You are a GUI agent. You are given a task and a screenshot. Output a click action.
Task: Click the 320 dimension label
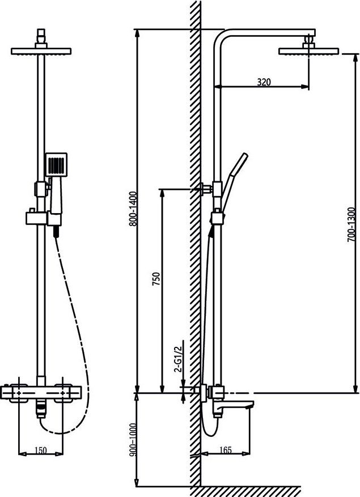[x=264, y=82]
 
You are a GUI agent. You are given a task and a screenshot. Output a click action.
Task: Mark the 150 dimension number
[x=41, y=451]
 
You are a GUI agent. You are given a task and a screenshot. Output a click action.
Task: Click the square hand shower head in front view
[x=56, y=164]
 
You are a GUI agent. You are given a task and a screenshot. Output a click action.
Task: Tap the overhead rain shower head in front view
[x=41, y=51]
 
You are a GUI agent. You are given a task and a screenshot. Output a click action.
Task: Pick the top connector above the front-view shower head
[x=41, y=37]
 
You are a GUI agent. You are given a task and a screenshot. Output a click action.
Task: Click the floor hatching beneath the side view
[x=249, y=491]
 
